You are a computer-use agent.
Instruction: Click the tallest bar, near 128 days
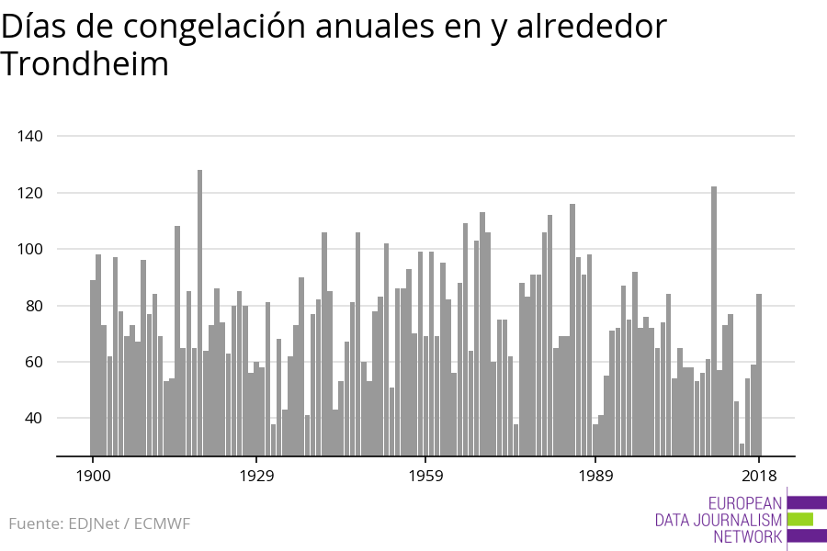[199, 312]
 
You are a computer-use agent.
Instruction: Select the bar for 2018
[759, 375]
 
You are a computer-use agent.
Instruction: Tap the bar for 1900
[93, 368]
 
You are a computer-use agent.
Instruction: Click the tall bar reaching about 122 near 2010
[714, 321]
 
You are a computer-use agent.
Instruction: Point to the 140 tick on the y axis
[30, 136]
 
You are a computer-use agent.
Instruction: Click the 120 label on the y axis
[30, 193]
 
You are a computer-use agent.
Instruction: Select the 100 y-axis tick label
[30, 249]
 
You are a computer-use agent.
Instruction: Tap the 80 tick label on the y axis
[34, 306]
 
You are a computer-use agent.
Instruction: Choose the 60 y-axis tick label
[34, 362]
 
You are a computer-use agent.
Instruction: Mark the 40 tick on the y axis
[34, 418]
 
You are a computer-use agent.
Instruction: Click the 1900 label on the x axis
[94, 476]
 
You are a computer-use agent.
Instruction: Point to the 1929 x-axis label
[257, 476]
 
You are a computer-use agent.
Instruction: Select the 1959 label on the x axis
[426, 476]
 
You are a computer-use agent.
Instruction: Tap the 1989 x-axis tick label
[596, 476]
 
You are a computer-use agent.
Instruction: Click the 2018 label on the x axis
[760, 476]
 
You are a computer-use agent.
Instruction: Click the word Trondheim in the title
[85, 64]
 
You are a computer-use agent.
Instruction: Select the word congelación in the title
[214, 28]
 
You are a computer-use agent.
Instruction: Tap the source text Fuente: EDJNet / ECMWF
[99, 523]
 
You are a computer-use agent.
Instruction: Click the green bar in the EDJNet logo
[800, 520]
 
